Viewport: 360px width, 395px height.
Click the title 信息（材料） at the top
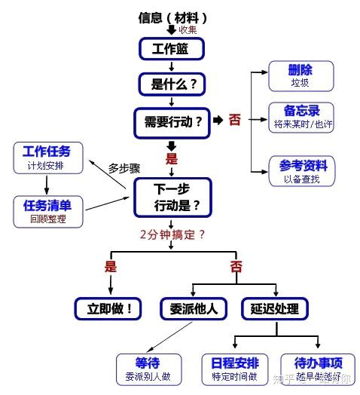(x=172, y=17)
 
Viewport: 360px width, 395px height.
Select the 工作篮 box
(x=172, y=49)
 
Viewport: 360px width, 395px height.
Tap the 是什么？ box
(x=172, y=84)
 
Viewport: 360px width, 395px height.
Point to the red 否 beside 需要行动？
(x=235, y=119)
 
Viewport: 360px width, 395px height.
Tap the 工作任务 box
(x=46, y=156)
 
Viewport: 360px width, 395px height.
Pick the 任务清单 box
(x=46, y=210)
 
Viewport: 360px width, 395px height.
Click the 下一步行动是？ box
(x=172, y=196)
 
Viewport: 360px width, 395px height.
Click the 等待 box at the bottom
(x=147, y=369)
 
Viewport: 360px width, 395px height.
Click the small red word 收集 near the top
(x=188, y=29)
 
